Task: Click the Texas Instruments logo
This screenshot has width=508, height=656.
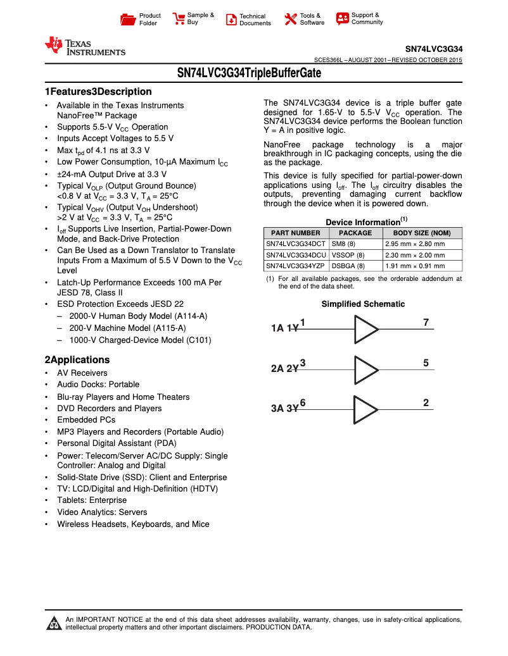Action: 84,46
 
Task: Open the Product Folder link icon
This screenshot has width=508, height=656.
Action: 129,20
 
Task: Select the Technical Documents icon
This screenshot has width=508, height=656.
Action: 231,20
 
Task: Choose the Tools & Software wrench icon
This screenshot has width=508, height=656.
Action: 291,19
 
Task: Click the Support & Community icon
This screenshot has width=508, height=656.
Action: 342,19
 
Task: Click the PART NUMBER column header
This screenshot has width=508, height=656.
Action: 296,233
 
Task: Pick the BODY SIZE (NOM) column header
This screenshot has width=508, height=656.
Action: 422,233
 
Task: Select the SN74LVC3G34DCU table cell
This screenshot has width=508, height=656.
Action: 296,255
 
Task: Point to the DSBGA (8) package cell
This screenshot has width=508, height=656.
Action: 348,266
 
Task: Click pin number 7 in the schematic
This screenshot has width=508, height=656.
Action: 426,323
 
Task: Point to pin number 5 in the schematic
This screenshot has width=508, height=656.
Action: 426,363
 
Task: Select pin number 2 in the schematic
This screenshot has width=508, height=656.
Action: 426,403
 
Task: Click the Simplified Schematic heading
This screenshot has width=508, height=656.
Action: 362,304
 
